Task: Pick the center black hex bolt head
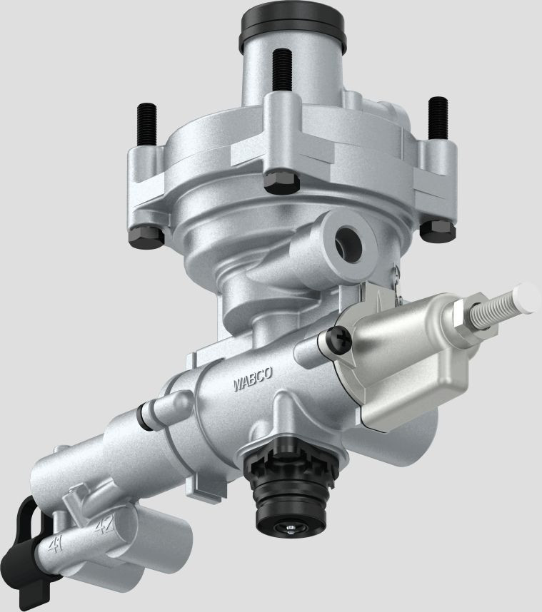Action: pos(281,182)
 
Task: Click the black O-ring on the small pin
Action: pos(146,417)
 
